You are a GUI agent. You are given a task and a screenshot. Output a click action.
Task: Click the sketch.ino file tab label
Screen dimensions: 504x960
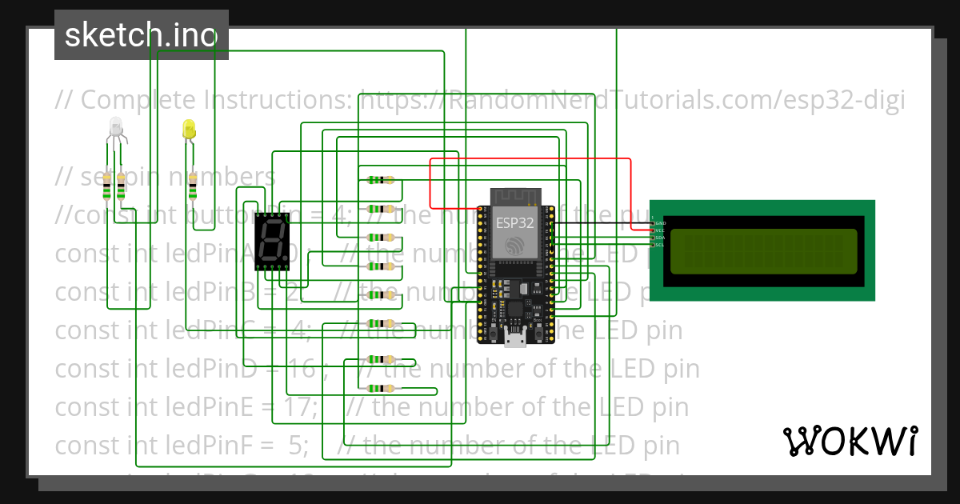[x=141, y=35]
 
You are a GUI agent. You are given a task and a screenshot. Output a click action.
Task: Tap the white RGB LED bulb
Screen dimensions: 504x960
[x=115, y=126]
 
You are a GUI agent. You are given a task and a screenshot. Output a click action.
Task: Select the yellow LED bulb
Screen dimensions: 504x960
[x=189, y=129]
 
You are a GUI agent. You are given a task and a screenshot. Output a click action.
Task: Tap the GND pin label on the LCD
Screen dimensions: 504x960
[x=661, y=224]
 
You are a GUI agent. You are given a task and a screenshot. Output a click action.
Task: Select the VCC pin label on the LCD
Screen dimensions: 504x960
[x=661, y=230]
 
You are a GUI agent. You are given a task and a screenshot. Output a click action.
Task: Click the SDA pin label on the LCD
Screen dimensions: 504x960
[x=661, y=238]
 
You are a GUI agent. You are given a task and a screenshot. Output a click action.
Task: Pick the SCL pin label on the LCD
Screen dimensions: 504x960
[x=661, y=245]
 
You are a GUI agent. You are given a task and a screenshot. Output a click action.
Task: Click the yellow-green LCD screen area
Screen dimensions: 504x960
[x=763, y=250]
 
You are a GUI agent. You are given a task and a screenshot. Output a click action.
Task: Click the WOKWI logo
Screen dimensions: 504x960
[x=850, y=441]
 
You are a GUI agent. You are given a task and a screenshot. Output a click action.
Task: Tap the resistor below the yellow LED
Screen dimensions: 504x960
[x=193, y=190]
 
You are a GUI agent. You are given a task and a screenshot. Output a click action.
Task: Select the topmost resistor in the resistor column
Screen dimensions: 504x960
[x=381, y=180]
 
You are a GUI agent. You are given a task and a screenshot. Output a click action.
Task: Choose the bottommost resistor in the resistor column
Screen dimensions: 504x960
[x=381, y=388]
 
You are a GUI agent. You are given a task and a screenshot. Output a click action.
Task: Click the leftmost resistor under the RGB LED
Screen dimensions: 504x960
[x=108, y=189]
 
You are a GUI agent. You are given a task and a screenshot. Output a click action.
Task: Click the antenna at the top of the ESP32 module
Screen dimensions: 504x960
[x=516, y=196]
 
